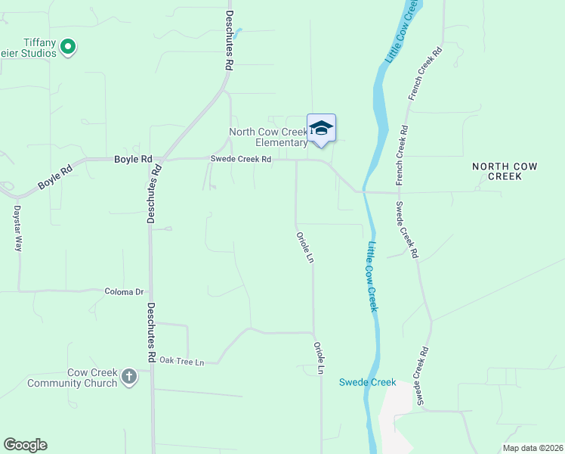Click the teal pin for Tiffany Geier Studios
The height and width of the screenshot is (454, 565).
pyautogui.click(x=68, y=48)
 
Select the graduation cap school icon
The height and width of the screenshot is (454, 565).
pyautogui.click(x=321, y=128)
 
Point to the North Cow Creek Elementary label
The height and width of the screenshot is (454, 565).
pyautogui.click(x=268, y=137)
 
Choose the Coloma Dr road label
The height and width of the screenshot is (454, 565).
pyautogui.click(x=124, y=291)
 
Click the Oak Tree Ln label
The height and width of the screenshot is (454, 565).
pyautogui.click(x=182, y=362)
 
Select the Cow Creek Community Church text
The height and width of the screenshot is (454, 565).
pyautogui.click(x=72, y=378)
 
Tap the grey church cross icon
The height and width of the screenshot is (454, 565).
pyautogui.click(x=129, y=376)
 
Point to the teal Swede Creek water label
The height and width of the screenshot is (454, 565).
pyautogui.click(x=367, y=382)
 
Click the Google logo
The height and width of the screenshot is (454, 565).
pyautogui.click(x=25, y=445)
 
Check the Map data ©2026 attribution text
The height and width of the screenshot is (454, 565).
pyautogui.click(x=532, y=448)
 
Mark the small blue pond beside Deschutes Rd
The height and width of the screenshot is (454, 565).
pyautogui.click(x=238, y=33)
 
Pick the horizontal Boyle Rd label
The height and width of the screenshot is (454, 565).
pyautogui.click(x=133, y=160)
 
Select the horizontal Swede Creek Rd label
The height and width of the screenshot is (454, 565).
pyautogui.click(x=240, y=160)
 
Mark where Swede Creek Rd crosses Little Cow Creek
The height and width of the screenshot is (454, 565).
pyautogui.click(x=364, y=191)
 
